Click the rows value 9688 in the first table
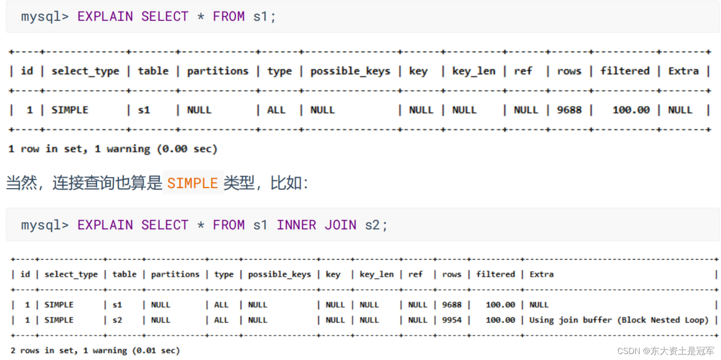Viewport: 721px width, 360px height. [569, 110]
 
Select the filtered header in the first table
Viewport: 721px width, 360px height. [625, 71]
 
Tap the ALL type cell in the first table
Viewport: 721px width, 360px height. [276, 110]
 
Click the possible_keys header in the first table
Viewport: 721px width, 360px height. [350, 71]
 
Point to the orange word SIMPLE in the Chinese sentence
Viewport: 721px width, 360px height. [192, 183]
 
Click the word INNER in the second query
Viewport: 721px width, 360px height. [296, 225]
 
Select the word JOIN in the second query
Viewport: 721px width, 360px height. [340, 225]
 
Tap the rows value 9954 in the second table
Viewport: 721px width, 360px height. [452, 320]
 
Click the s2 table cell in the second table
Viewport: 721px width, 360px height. [117, 320]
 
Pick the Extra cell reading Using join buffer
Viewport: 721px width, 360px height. [619, 320]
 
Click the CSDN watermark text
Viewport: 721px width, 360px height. [666, 351]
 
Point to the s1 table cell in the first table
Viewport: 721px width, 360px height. [144, 110]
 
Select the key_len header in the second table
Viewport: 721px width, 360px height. [377, 274]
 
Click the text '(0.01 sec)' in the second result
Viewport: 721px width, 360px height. [156, 351]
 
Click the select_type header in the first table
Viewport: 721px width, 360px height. [85, 71]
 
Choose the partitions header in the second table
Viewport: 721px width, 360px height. [175, 274]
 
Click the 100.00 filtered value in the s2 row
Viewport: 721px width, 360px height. [500, 320]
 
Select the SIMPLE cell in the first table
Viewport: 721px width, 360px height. [70, 110]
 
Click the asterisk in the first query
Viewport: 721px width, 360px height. [200, 17]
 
